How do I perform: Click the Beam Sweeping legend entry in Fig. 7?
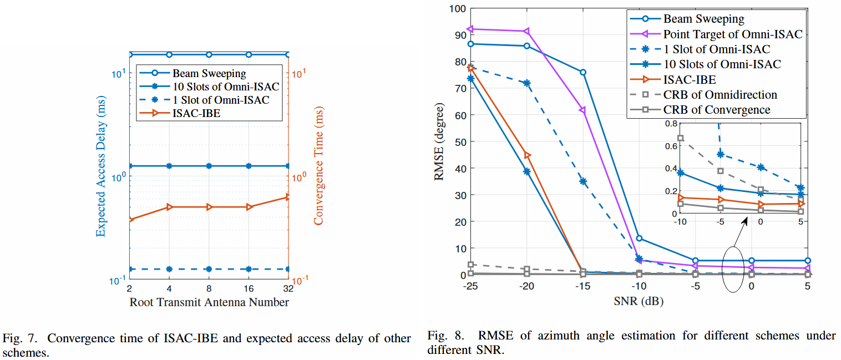click(x=209, y=73)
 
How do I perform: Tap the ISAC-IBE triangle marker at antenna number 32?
click(x=288, y=197)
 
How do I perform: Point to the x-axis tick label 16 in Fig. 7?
click(x=249, y=289)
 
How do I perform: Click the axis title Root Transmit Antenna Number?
click(x=209, y=302)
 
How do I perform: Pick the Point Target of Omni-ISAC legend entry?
click(x=733, y=34)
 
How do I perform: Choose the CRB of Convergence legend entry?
click(x=717, y=109)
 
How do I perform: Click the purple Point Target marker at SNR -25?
click(x=470, y=29)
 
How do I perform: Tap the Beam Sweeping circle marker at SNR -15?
click(x=583, y=73)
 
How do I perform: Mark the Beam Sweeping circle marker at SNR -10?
click(x=639, y=239)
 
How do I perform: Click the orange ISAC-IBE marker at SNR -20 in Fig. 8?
click(x=527, y=155)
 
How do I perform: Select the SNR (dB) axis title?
click(x=639, y=301)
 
